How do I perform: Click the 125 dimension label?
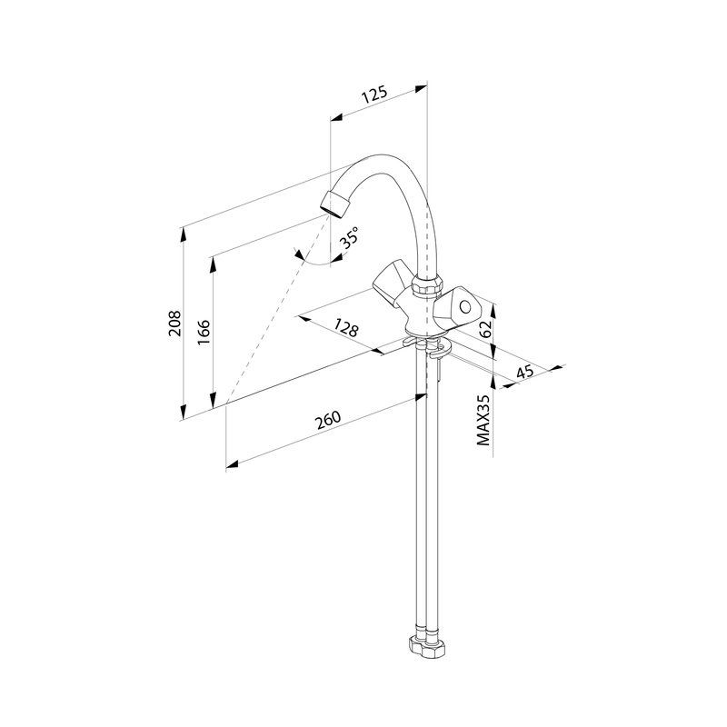[373, 95]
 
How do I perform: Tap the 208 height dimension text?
[175, 323]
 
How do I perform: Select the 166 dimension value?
[204, 332]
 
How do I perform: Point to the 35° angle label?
[349, 237]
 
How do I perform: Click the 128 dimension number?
[346, 327]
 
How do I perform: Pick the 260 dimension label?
[328, 420]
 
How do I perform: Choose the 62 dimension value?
[485, 329]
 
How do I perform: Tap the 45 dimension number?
[525, 372]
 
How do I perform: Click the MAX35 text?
[483, 420]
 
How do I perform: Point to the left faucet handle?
[392, 284]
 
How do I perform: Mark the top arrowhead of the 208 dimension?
[184, 234]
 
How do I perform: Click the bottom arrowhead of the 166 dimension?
[213, 401]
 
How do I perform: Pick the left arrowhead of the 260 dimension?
[232, 464]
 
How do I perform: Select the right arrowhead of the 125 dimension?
[421, 87]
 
